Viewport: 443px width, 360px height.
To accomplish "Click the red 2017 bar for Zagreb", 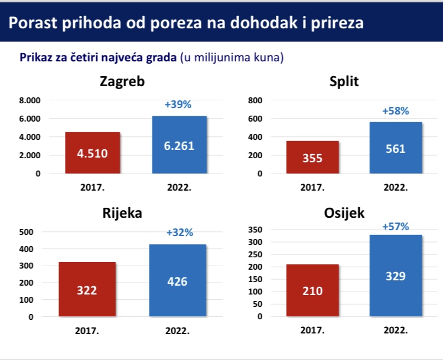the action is coord(93,153).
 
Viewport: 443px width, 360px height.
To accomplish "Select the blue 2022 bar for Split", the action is coord(396,148).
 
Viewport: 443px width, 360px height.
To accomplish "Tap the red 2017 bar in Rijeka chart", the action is coord(87,289).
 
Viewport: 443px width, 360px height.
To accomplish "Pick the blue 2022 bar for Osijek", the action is coord(396,276).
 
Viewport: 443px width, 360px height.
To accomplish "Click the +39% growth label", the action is coord(178,104).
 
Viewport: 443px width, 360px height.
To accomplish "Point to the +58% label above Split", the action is coord(396,111).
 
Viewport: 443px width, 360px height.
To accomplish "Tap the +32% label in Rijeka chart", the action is coord(180,233).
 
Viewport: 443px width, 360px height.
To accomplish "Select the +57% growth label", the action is coord(396,227).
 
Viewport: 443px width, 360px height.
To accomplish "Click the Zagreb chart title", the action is coord(122,82).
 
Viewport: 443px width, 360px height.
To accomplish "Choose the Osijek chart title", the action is coord(344,213).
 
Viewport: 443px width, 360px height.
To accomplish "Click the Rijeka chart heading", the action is coord(122,213).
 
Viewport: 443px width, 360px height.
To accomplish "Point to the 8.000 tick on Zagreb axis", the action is coord(30,100).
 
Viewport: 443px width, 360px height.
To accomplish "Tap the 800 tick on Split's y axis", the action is coord(255,100).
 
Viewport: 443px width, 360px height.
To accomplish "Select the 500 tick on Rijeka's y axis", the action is coord(26,232).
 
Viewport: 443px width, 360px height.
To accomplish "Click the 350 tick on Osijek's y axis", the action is coord(255,230).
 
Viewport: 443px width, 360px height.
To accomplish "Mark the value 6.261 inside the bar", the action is coord(179,146).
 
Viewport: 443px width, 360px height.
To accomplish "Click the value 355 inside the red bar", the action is coord(312,158).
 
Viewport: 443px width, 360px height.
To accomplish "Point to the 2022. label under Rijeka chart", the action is coord(177,330).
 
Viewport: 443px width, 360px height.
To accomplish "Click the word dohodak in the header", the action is coord(264,22).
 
